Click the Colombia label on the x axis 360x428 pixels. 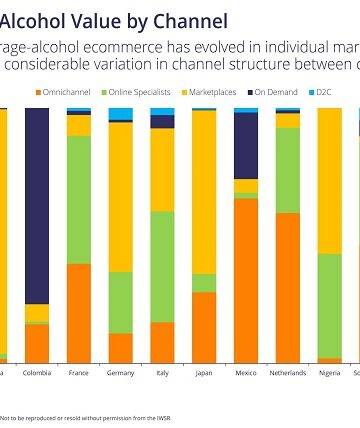37,372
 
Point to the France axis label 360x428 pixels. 79,372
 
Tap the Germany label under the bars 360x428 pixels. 121,372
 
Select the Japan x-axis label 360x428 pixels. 204,372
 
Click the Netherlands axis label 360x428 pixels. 288,372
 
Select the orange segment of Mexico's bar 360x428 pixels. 246,280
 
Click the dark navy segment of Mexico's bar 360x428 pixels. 246,145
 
